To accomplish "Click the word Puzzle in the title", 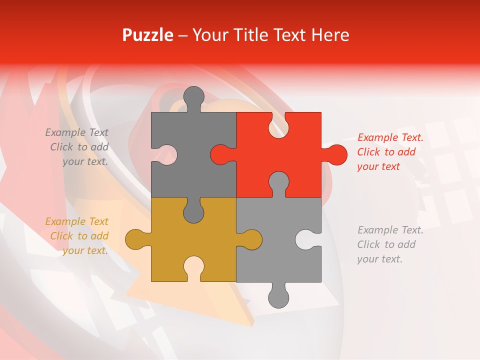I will tap(147, 35).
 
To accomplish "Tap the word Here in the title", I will tap(330, 35).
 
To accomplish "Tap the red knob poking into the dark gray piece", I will tap(221, 154).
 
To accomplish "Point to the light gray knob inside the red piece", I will tap(278, 182).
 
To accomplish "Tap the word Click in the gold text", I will tap(61, 236).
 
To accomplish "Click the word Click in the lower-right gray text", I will tap(368, 244).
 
